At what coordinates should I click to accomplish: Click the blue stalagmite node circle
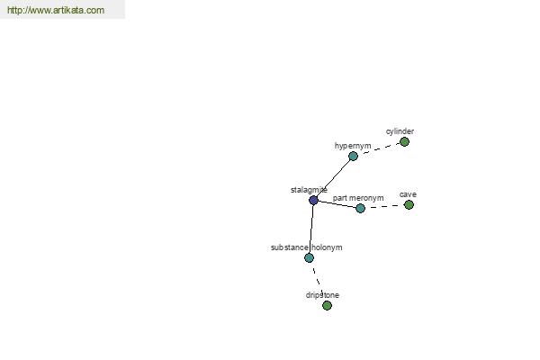313,200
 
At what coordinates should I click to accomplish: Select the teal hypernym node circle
353,157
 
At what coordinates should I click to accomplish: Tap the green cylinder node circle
404,141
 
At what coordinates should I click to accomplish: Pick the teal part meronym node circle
360,208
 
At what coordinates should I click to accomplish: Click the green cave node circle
409,205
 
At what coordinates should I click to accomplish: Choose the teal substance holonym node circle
310,257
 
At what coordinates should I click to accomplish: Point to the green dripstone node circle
328,305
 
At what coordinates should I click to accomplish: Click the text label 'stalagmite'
309,190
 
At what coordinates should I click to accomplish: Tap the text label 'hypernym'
353,146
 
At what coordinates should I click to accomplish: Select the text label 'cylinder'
400,131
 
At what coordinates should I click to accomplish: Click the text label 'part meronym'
358,198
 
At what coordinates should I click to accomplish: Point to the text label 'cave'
408,194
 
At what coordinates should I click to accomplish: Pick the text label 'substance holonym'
307,247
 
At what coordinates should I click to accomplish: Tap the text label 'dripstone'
322,295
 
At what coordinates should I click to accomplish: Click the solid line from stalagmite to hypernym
333,178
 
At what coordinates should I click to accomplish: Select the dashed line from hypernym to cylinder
379,148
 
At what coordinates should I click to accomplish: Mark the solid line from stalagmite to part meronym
337,204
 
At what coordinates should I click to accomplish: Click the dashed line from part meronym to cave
384,206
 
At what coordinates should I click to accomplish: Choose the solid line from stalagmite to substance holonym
311,229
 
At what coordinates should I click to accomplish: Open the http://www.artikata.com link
56,10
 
